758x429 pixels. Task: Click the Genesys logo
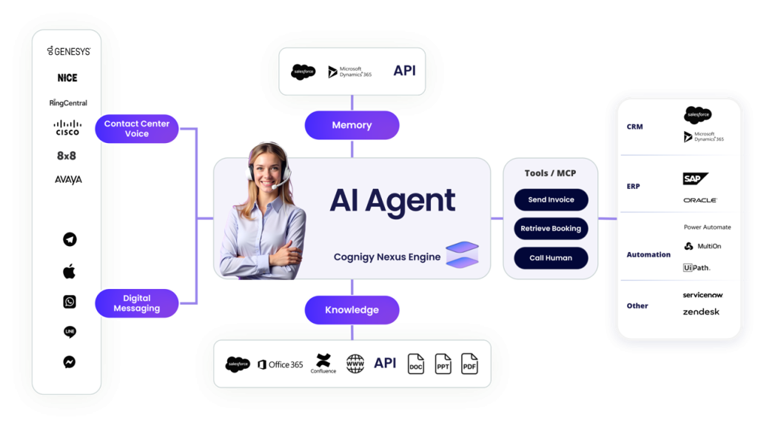click(69, 51)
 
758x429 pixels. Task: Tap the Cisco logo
click(67, 127)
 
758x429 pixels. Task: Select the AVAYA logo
click(68, 179)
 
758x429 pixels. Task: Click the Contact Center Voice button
click(137, 129)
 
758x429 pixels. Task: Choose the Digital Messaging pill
click(137, 303)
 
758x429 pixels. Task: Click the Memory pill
click(352, 125)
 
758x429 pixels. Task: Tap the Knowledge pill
click(352, 310)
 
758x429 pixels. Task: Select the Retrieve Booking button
click(551, 229)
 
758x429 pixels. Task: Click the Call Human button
click(551, 258)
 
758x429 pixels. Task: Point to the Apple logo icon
click(69, 271)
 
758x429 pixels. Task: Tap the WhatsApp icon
click(70, 302)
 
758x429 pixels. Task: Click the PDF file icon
click(469, 364)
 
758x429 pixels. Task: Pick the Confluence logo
click(323, 363)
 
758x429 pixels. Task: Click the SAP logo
click(695, 179)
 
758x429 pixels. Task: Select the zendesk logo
click(701, 312)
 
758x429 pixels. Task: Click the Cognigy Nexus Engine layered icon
click(462, 254)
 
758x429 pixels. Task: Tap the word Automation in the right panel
click(648, 254)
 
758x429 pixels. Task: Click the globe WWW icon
click(355, 364)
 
